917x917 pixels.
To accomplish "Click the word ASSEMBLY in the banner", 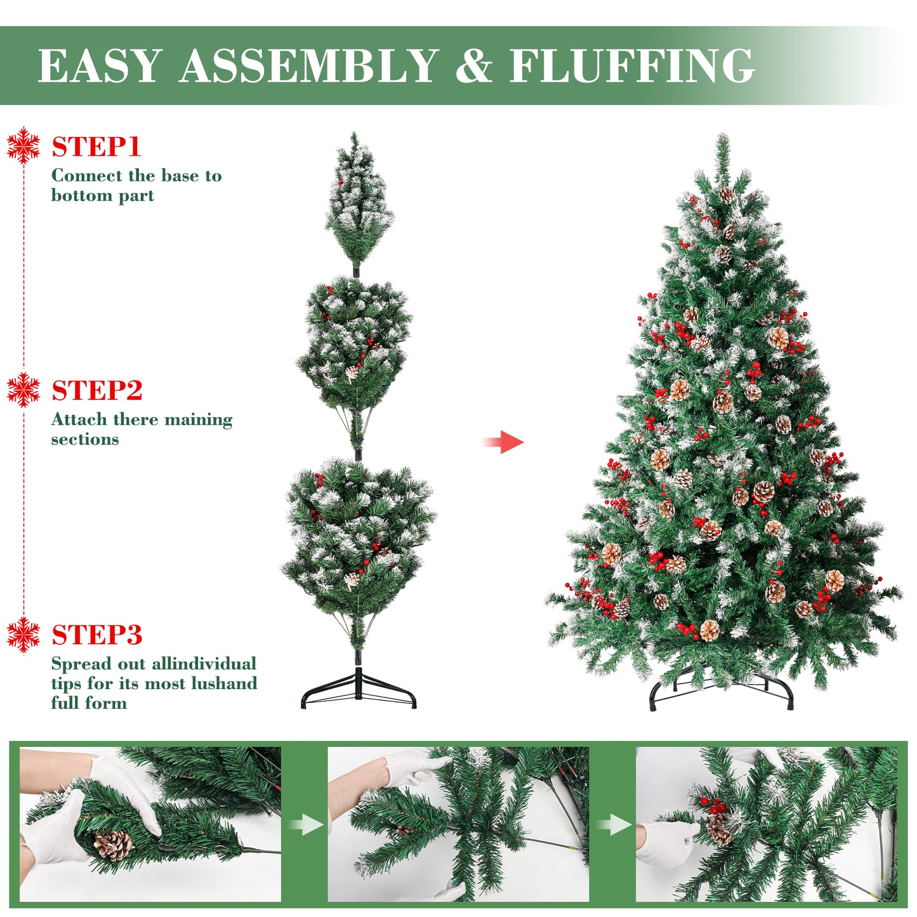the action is point(308,65).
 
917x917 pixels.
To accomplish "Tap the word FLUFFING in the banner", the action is point(632,65).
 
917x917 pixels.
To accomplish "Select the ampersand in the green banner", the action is point(473,65).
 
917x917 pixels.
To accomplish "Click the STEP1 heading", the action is point(96,146).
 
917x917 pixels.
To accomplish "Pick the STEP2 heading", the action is point(97,390).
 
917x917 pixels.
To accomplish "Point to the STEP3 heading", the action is point(97,635).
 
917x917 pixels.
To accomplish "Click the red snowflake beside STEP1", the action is point(23,145).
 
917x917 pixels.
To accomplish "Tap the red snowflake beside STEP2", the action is point(23,390).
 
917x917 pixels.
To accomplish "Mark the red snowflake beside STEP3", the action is point(23,635).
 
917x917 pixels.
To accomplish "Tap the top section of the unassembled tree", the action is point(357,202).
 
